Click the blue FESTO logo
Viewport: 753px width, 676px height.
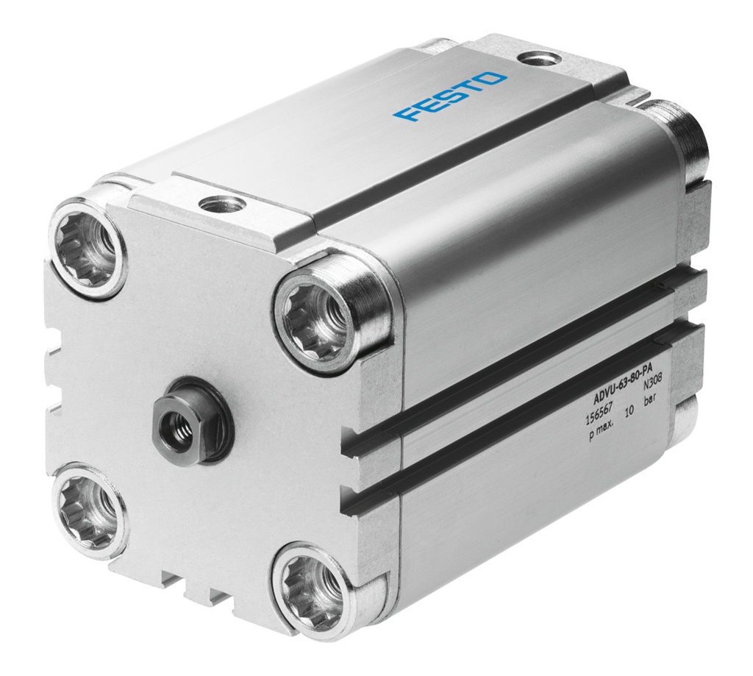[450, 96]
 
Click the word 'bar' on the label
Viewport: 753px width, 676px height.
[651, 403]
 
